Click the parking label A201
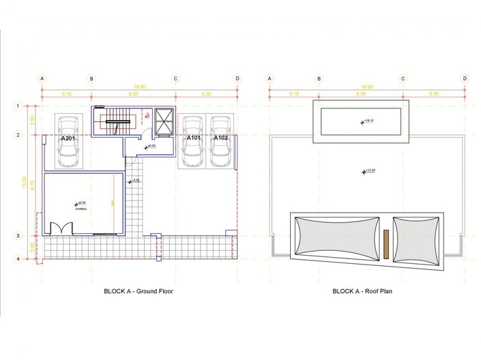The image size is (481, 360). pyautogui.click(x=68, y=138)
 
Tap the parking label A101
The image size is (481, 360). pyautogui.click(x=194, y=138)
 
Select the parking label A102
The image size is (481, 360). pyautogui.click(x=220, y=138)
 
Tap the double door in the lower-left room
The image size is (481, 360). pyautogui.click(x=59, y=227)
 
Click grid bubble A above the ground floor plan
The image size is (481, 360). pyautogui.click(x=42, y=78)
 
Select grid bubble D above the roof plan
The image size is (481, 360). pyautogui.click(x=465, y=78)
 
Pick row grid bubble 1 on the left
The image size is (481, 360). pyautogui.click(x=18, y=106)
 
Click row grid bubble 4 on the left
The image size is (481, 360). pyautogui.click(x=18, y=259)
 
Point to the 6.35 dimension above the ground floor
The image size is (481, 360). pyautogui.click(x=133, y=93)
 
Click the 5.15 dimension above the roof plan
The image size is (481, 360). pyautogui.click(x=294, y=93)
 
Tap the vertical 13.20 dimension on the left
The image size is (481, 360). pyautogui.click(x=25, y=183)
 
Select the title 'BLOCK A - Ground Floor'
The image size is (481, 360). pyautogui.click(x=136, y=291)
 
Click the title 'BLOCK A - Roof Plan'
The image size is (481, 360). pyautogui.click(x=362, y=291)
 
